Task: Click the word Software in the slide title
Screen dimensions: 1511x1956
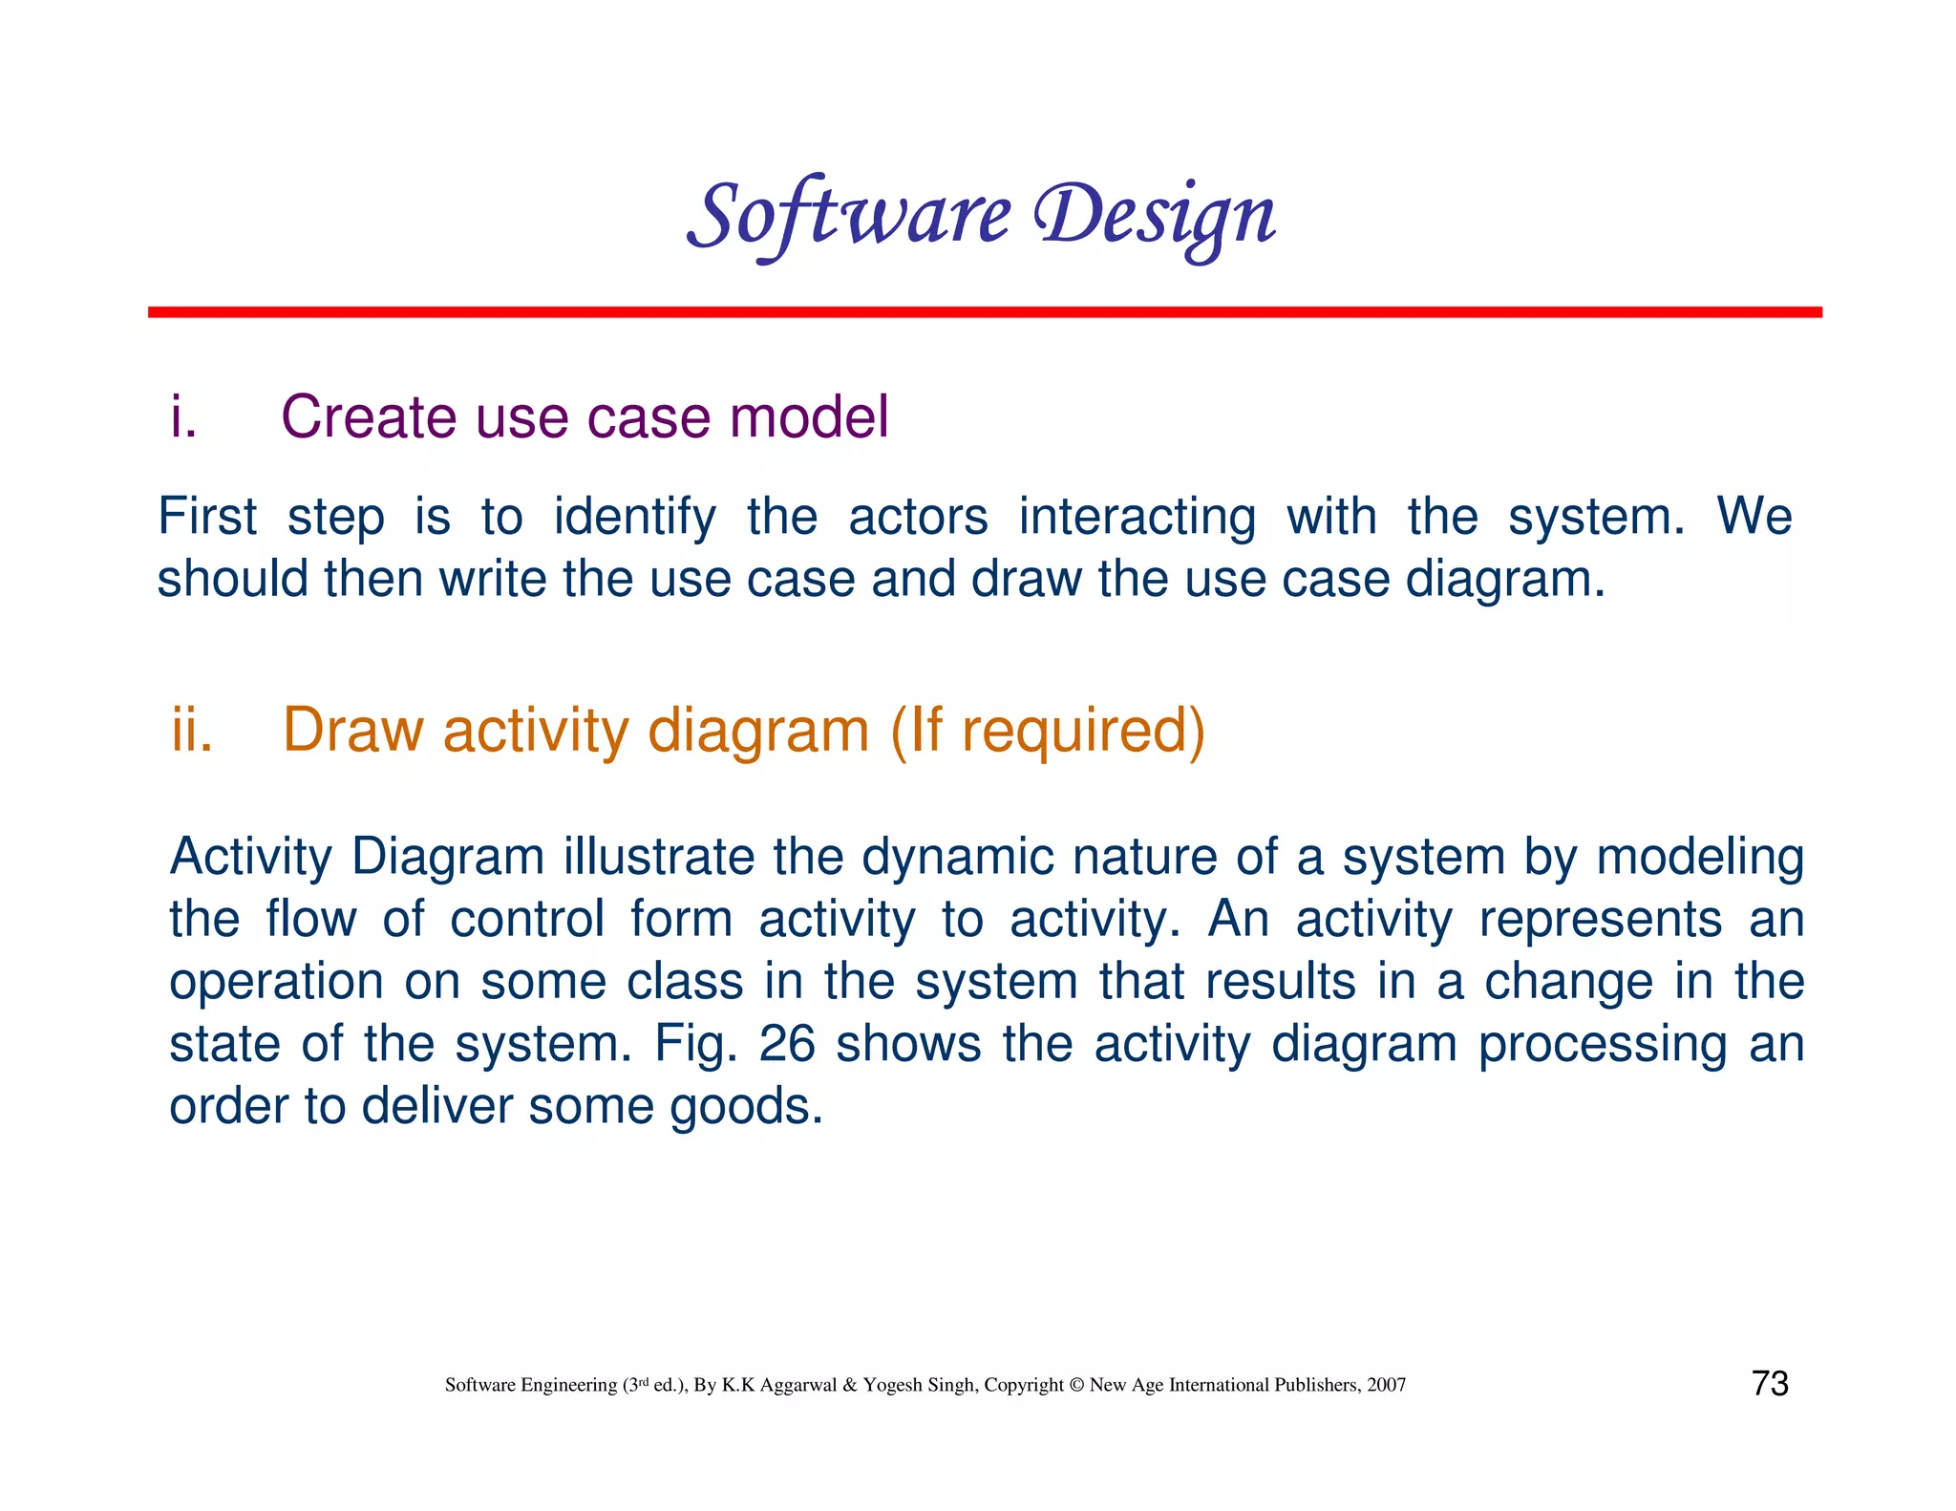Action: click(x=848, y=216)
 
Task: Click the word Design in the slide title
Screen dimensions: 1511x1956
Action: click(x=1156, y=216)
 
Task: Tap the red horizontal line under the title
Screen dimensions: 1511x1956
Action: click(x=984, y=312)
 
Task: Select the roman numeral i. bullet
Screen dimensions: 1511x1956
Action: click(x=183, y=417)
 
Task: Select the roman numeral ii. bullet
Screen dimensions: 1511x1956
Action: click(x=192, y=731)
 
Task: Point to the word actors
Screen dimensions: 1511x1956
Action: click(x=917, y=517)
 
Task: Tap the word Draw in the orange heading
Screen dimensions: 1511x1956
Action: click(x=352, y=731)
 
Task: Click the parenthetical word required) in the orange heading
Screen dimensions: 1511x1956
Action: click(x=1083, y=731)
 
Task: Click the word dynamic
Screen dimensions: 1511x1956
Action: click(x=957, y=857)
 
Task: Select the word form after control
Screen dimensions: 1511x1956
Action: click(x=681, y=920)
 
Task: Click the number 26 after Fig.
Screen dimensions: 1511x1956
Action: click(x=786, y=1044)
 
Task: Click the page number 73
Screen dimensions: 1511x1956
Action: click(x=1770, y=1384)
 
